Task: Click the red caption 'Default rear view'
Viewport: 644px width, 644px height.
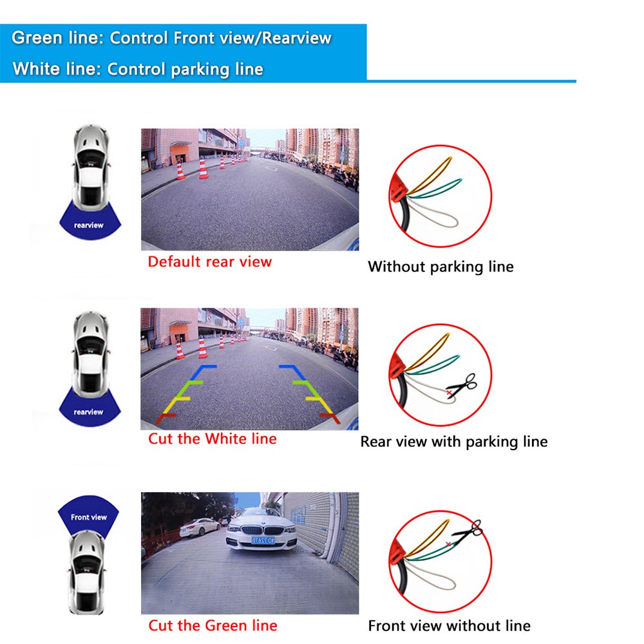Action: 209,261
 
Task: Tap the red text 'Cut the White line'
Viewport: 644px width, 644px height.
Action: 213,439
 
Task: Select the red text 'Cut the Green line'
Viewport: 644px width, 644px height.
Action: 213,625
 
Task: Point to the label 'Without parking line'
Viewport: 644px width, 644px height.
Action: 440,267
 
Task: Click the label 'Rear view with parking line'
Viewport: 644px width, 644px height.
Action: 454,442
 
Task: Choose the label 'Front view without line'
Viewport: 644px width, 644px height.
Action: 450,626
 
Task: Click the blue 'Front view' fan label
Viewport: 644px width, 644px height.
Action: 88,517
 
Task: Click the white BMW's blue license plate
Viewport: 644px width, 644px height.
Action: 263,540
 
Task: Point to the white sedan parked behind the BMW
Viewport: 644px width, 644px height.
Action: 200,527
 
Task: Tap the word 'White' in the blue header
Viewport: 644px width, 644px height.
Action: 37,69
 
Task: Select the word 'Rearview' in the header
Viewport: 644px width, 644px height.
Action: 296,38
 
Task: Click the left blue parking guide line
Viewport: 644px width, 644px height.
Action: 202,372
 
